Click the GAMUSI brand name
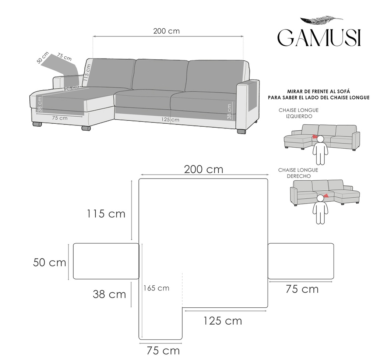click(319, 38)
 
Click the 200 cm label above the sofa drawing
click(166, 31)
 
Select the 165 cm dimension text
click(156, 288)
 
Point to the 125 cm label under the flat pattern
click(223, 321)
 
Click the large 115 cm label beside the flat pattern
click(106, 213)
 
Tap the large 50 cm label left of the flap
click(50, 262)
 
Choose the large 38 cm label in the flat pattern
click(109, 294)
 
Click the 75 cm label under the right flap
click(302, 289)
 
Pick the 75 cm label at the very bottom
click(163, 351)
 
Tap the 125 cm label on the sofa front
click(170, 119)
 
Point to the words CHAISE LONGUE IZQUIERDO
click(299, 113)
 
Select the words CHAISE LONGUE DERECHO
click(298, 173)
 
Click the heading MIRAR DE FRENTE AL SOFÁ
click(318, 91)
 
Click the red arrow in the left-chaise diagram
click(315, 137)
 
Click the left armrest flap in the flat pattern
click(106, 261)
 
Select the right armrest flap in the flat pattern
click(301, 261)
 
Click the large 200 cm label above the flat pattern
click(204, 169)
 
